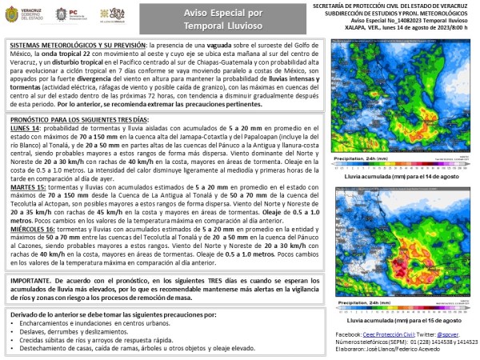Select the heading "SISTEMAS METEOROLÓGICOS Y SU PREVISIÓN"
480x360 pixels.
pyautogui.click(x=68, y=46)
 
